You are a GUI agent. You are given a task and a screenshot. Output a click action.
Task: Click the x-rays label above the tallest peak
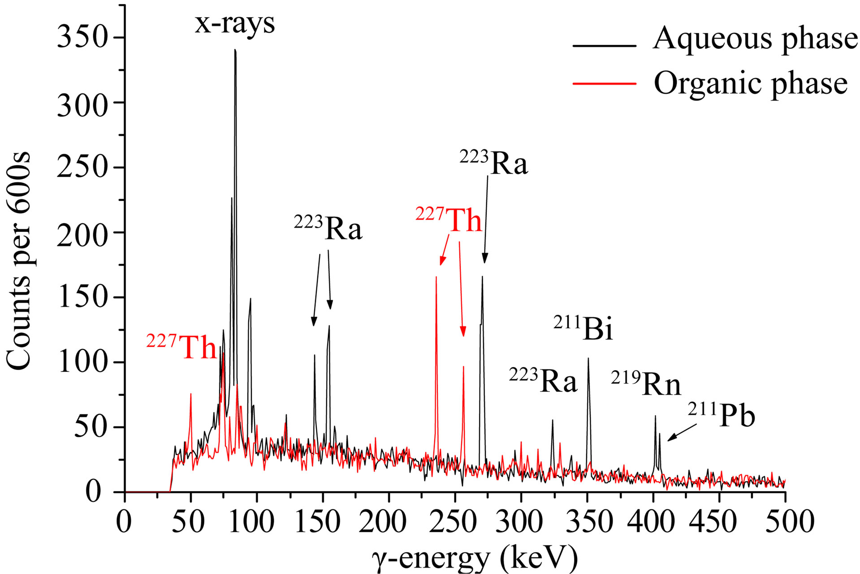coord(234,23)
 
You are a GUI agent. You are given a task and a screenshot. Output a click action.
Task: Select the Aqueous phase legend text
coord(755,39)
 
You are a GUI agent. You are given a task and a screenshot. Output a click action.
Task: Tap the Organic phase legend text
coord(751,83)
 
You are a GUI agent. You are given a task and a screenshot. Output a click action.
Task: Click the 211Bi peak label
coord(583,329)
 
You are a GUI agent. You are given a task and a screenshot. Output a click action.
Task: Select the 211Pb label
coord(722,416)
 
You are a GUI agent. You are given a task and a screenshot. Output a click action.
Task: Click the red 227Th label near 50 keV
coord(182,347)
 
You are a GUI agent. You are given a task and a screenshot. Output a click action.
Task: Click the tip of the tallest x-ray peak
coord(235,50)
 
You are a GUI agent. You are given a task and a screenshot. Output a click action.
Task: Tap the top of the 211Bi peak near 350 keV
coord(588,358)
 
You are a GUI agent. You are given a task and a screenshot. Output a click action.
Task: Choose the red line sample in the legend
coord(604,83)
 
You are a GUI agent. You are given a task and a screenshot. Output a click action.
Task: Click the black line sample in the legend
coord(604,46)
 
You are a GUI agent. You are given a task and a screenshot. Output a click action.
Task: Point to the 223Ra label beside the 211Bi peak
coord(543,381)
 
